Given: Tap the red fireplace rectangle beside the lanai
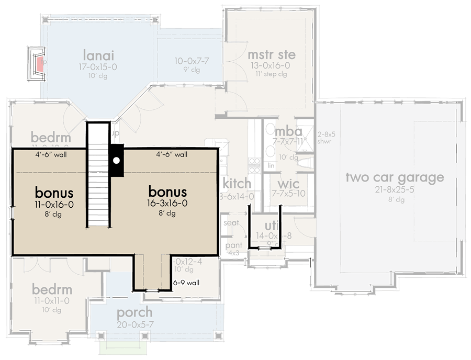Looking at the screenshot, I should pos(40,64).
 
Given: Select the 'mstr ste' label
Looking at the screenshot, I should pos(271,55).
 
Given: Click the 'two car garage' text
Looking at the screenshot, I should pos(394,177).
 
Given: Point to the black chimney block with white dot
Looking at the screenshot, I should pos(117,160).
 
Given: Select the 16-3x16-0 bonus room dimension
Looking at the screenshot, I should pos(167,204).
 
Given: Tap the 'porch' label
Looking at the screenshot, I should pos(134,313).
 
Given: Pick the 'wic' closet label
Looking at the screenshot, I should pos(288,184).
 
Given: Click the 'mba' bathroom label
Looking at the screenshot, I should pos(288,131).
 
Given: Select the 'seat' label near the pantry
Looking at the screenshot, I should pos(231,222).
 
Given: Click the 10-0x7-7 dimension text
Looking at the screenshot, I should pos(192,61).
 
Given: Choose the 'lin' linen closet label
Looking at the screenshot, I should pos(271,165).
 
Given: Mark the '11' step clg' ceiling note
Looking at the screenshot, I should pos(271,74).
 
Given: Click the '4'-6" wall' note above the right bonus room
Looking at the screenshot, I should pos(172,155).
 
